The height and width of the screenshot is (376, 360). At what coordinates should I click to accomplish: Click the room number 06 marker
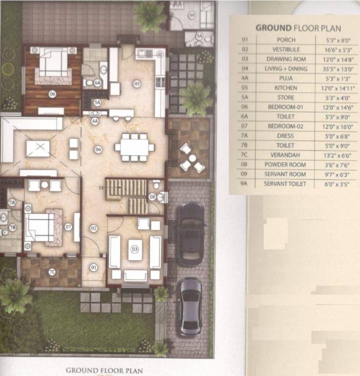(x=52, y=94)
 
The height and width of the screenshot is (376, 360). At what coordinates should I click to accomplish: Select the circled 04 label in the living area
(x=98, y=149)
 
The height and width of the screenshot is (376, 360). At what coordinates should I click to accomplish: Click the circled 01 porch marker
(x=93, y=267)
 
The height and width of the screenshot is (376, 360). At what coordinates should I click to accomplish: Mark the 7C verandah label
(x=51, y=272)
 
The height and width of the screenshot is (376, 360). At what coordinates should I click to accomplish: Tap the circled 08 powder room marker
(x=152, y=197)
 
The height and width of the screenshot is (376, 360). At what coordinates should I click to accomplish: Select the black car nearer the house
(x=191, y=233)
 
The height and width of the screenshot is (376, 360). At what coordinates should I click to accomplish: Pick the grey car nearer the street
(x=189, y=306)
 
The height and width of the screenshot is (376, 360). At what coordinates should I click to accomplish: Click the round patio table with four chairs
(x=192, y=158)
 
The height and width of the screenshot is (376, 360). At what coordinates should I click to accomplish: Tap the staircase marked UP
(x=126, y=188)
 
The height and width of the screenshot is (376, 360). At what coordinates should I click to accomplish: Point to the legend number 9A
(x=245, y=184)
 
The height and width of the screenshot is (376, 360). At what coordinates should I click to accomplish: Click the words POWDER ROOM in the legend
(x=286, y=164)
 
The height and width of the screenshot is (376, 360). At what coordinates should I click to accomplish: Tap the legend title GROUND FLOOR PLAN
(x=298, y=28)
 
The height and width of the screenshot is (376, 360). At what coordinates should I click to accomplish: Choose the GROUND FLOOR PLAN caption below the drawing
(x=104, y=371)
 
